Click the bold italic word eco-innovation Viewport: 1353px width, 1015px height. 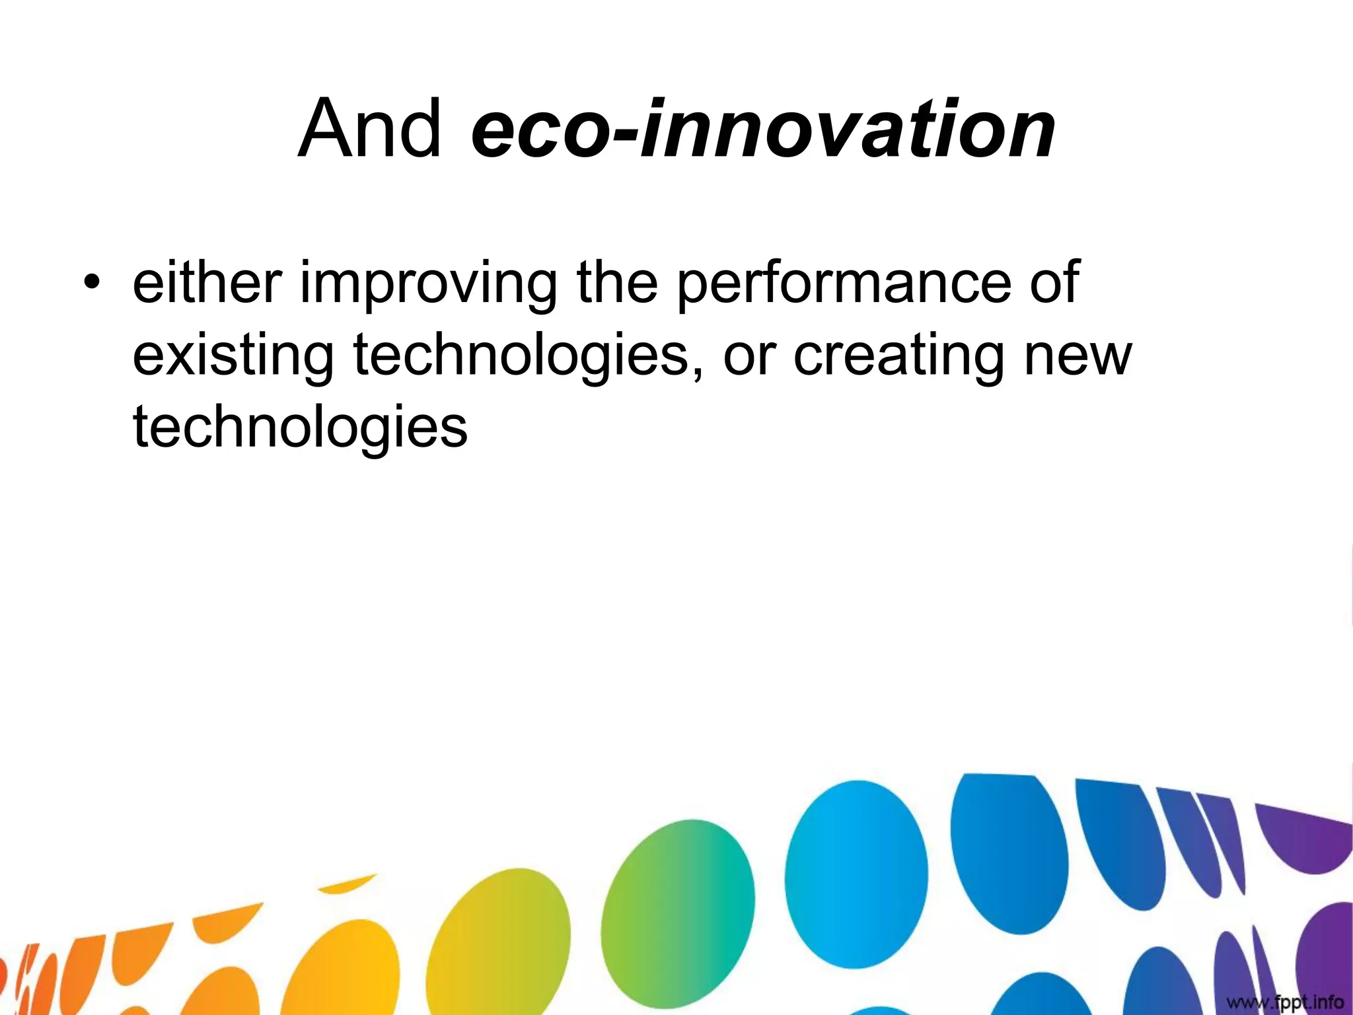click(x=763, y=129)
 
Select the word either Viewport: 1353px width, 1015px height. click(x=207, y=282)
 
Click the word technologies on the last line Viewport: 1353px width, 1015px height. click(x=301, y=428)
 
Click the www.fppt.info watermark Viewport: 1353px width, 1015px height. click(x=1284, y=1002)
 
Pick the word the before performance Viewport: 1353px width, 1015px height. click(x=617, y=282)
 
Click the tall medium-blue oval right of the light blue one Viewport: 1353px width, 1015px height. click(x=1009, y=852)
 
